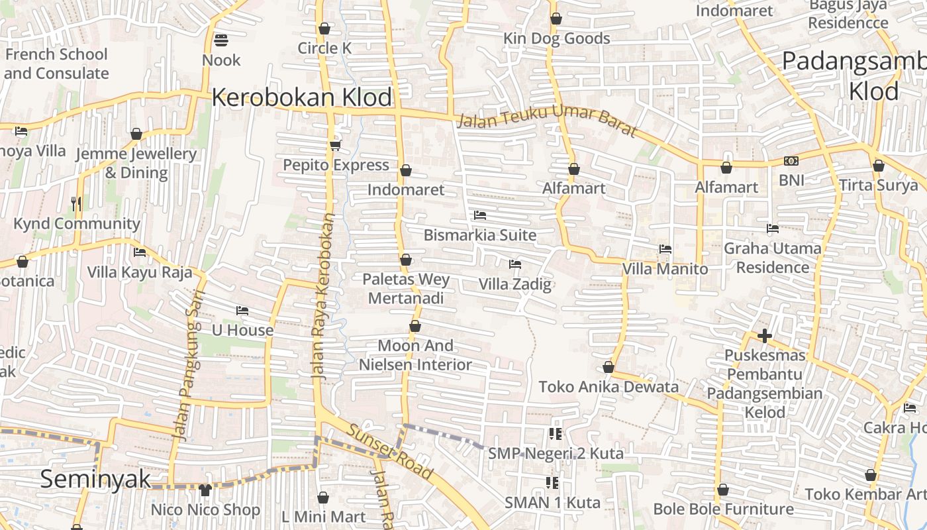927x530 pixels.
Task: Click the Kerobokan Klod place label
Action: point(303,97)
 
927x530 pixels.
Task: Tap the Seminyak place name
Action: point(95,479)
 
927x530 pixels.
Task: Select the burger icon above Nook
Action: point(221,41)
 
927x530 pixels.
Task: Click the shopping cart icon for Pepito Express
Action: point(335,145)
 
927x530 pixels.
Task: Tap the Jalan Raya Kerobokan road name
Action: point(324,295)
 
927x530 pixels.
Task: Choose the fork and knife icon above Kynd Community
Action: point(77,203)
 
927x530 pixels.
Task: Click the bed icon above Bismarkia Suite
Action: point(480,215)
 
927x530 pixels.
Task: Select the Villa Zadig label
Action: point(515,285)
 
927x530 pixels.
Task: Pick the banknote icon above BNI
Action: point(791,161)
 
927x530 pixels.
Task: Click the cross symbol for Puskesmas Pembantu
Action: point(765,336)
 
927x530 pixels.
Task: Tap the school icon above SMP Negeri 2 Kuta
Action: point(556,434)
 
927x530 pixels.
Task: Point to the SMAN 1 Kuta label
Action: point(552,502)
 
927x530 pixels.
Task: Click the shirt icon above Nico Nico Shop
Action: point(205,490)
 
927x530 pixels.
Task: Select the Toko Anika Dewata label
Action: point(609,387)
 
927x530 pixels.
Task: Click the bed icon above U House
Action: point(242,310)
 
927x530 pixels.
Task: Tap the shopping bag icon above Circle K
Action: point(324,28)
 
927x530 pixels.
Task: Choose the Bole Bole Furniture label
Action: point(723,509)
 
